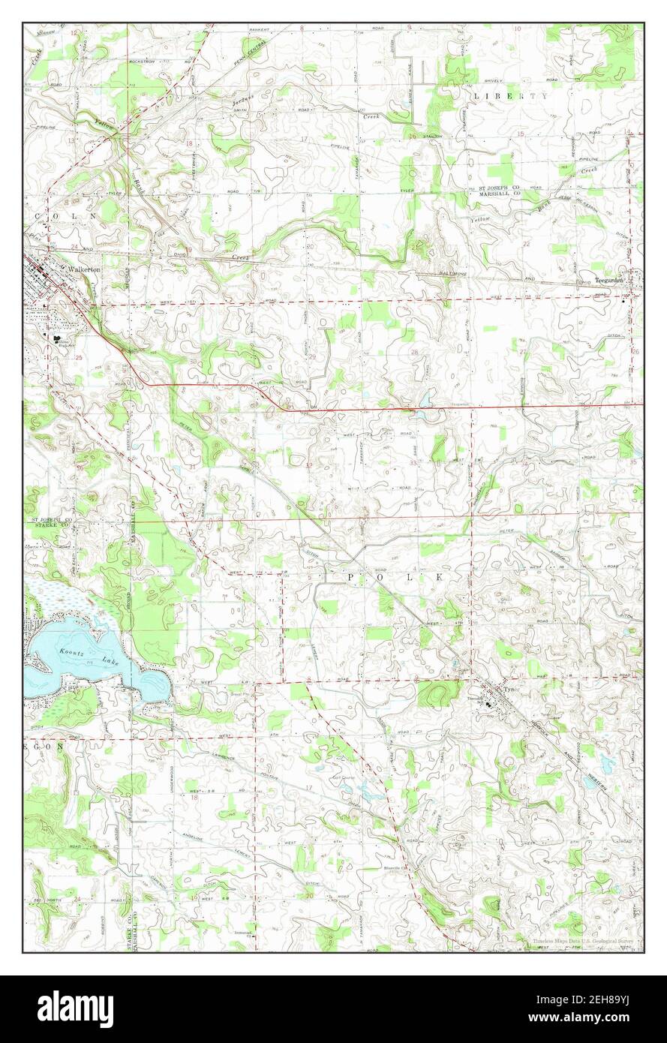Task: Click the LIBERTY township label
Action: (x=510, y=96)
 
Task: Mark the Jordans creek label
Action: (x=245, y=98)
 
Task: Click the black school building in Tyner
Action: (x=489, y=704)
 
